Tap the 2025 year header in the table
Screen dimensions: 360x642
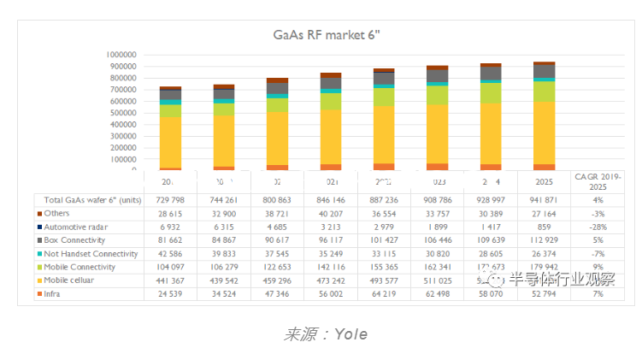tap(544, 183)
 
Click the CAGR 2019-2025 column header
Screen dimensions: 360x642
tap(598, 182)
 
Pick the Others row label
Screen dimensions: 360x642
tap(57, 214)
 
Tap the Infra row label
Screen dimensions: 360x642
tap(56, 294)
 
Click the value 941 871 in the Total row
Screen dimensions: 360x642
tap(544, 200)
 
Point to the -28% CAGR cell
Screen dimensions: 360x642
tap(598, 227)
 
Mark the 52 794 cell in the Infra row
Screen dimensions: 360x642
tap(544, 294)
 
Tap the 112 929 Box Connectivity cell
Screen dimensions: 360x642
tap(544, 240)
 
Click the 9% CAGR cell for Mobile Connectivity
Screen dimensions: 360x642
tap(598, 268)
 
